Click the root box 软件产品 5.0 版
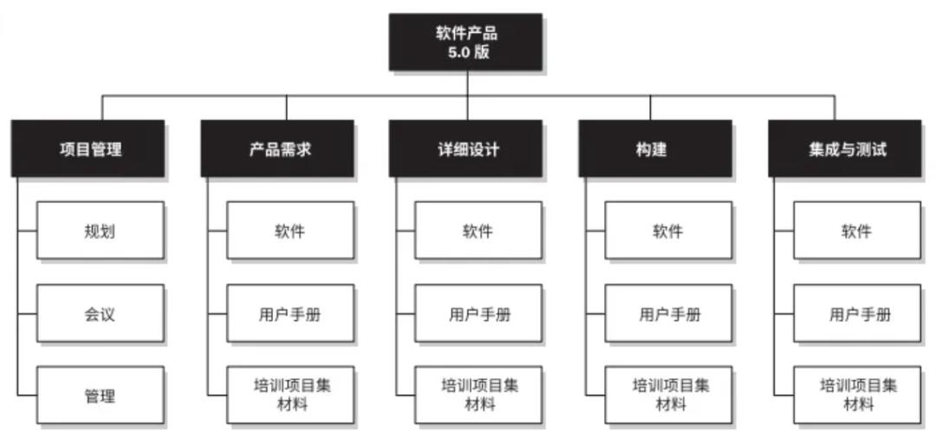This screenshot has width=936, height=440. click(465, 42)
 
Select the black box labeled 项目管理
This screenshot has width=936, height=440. click(88, 148)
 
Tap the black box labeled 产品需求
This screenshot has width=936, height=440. click(277, 148)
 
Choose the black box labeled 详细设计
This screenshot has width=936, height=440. click(465, 148)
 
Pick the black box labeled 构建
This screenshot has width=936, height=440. click(655, 148)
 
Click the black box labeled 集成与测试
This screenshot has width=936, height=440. click(845, 148)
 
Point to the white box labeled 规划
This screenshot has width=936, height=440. click(101, 230)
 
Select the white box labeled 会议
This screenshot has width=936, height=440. click(101, 313)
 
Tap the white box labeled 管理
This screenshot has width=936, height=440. click(101, 395)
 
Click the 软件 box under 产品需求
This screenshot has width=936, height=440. click(290, 230)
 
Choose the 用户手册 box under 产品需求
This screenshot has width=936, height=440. click(290, 313)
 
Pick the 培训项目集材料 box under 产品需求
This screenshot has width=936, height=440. click(290, 395)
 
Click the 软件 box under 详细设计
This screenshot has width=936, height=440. click(478, 230)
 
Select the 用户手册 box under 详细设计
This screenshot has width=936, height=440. click(478, 313)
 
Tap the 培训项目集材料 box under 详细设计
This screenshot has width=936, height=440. click(478, 395)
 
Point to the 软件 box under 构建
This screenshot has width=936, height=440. click(668, 230)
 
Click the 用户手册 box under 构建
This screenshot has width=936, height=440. click(668, 313)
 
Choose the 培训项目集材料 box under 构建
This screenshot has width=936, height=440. click(668, 395)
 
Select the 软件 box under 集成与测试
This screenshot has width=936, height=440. click(857, 230)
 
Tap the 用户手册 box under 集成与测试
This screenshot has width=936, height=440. click(857, 313)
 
